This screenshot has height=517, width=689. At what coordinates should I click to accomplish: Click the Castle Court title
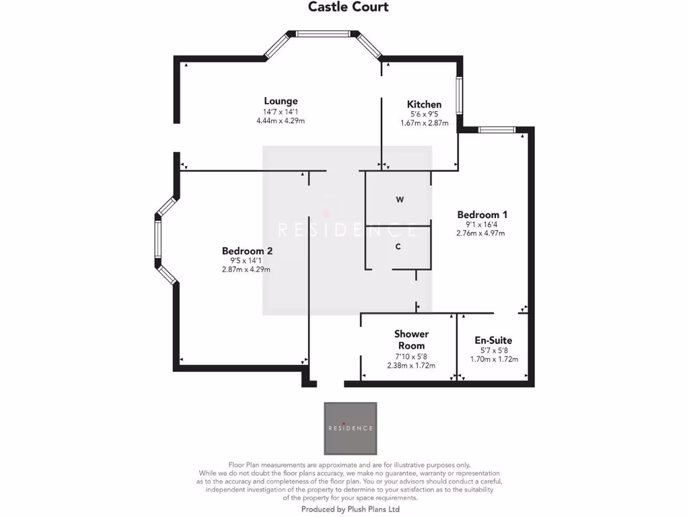[348, 7]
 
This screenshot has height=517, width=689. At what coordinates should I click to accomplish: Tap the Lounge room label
[281, 102]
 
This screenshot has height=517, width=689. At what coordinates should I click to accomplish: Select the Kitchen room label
[424, 104]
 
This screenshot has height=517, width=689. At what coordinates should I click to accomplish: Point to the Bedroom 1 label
[482, 215]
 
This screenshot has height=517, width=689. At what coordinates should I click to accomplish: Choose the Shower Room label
[411, 340]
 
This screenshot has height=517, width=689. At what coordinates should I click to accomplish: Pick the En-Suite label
[494, 341]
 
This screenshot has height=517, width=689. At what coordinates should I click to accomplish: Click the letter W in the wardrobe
[400, 200]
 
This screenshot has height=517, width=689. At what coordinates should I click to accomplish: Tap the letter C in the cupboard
[398, 247]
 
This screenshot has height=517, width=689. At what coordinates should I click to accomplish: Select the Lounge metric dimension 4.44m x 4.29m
[281, 121]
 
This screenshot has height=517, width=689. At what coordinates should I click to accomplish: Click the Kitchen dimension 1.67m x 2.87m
[424, 123]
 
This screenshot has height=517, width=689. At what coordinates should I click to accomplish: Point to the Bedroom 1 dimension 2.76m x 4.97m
[480, 234]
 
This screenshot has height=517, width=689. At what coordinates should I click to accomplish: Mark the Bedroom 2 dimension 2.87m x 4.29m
[246, 269]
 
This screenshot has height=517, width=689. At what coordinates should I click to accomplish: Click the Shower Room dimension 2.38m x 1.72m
[411, 366]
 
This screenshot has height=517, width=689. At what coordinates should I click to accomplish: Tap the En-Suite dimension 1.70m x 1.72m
[494, 359]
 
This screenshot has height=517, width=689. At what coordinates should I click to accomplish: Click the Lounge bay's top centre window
[324, 34]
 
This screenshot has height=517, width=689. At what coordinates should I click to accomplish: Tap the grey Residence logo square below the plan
[351, 428]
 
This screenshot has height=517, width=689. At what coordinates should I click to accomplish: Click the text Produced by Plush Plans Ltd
[350, 510]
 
